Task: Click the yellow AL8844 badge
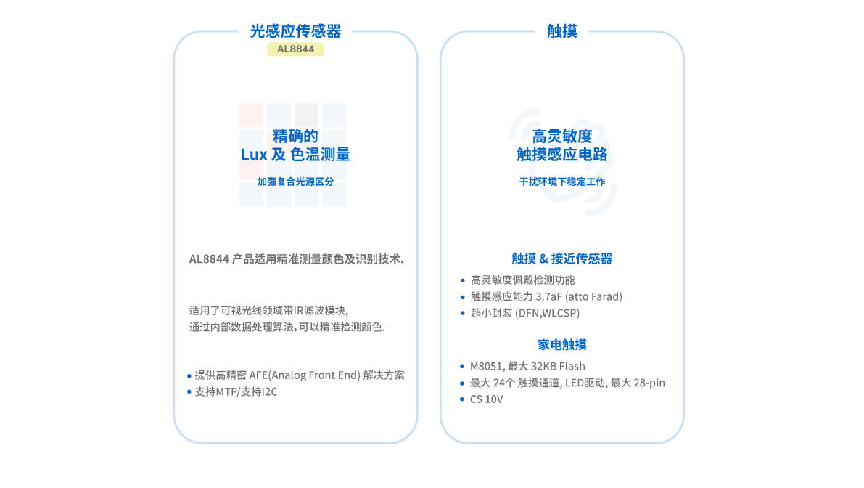[x=295, y=49]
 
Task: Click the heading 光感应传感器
[x=295, y=31]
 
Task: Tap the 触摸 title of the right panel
[x=561, y=31]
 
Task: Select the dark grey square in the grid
[x=307, y=114]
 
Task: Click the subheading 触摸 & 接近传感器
[x=561, y=259]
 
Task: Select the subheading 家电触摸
[x=561, y=344]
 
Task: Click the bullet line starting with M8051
[x=527, y=366]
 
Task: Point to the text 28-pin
[x=649, y=383]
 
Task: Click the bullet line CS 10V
[x=486, y=399]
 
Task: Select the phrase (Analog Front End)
[x=314, y=375]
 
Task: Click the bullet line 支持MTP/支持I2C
[x=236, y=391]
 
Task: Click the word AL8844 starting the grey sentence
[x=209, y=259]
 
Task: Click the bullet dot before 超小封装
[x=463, y=313]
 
